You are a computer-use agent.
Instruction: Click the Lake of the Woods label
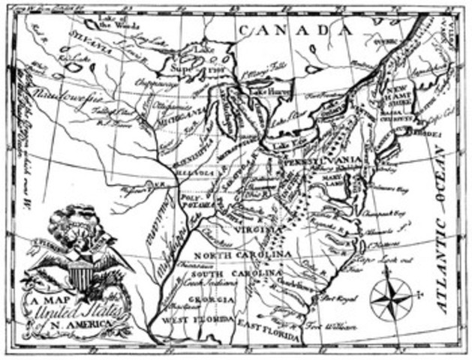pyautogui.click(x=114, y=23)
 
